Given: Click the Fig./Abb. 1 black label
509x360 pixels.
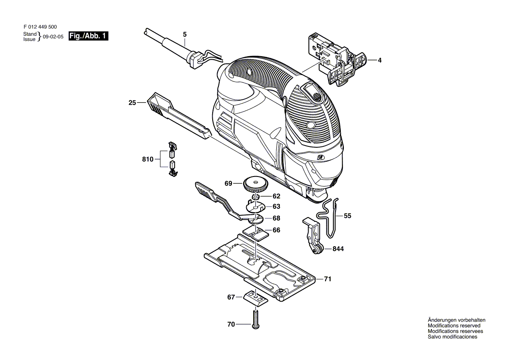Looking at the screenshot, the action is [x=88, y=36].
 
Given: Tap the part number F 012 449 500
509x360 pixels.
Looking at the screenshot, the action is [x=40, y=27].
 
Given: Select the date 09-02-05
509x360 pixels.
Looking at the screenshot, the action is [x=53, y=37].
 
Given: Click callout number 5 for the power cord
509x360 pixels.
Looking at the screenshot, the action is [x=185, y=34].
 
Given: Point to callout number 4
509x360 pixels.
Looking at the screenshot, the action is [x=380, y=60].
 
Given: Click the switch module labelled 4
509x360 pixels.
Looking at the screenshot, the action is [x=337, y=59].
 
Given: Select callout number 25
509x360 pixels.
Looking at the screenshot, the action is [x=132, y=102].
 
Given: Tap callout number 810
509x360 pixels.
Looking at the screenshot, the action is [x=148, y=160].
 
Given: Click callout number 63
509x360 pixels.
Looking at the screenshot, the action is [x=276, y=207].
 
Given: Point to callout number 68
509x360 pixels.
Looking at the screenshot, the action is [x=276, y=218].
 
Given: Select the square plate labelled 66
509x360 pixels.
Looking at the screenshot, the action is [x=256, y=233].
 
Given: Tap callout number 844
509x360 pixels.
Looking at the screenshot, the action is [x=338, y=249].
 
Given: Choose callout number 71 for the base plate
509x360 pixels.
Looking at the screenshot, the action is [x=328, y=279].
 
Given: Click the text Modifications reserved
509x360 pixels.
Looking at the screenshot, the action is [x=454, y=326].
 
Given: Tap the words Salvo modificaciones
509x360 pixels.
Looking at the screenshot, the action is [x=452, y=336].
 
